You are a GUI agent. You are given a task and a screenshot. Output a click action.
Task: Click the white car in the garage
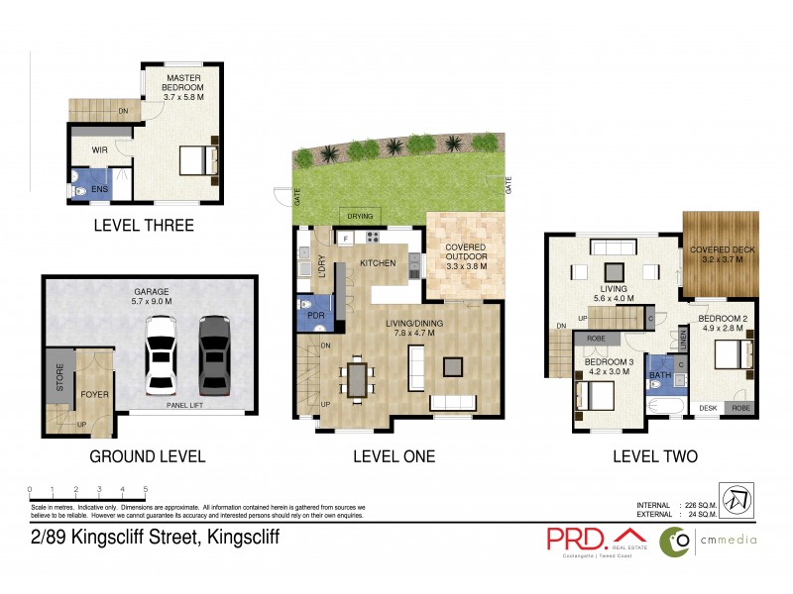(x=162, y=355)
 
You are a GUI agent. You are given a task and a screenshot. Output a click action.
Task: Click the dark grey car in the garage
(x=213, y=355)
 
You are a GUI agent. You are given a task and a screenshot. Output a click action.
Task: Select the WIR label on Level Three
(x=99, y=150)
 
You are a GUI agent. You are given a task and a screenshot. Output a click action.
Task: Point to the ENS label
(x=99, y=188)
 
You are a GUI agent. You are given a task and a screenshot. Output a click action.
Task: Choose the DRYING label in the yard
(x=358, y=215)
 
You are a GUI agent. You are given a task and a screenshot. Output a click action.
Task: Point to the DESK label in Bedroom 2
(x=708, y=408)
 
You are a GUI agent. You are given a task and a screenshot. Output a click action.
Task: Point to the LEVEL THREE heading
(x=143, y=226)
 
